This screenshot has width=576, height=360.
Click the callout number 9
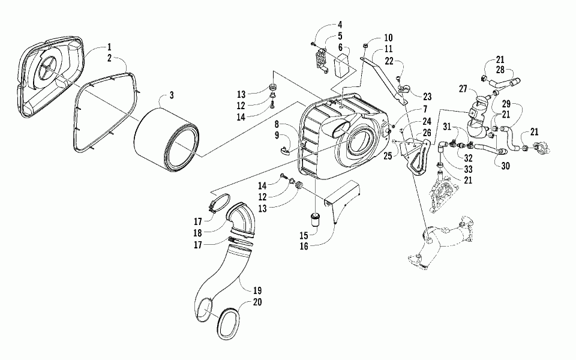point(277,136)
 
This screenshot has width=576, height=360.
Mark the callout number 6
point(340,47)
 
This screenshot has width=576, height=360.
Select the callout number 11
point(388,48)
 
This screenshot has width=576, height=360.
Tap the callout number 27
point(462,88)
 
